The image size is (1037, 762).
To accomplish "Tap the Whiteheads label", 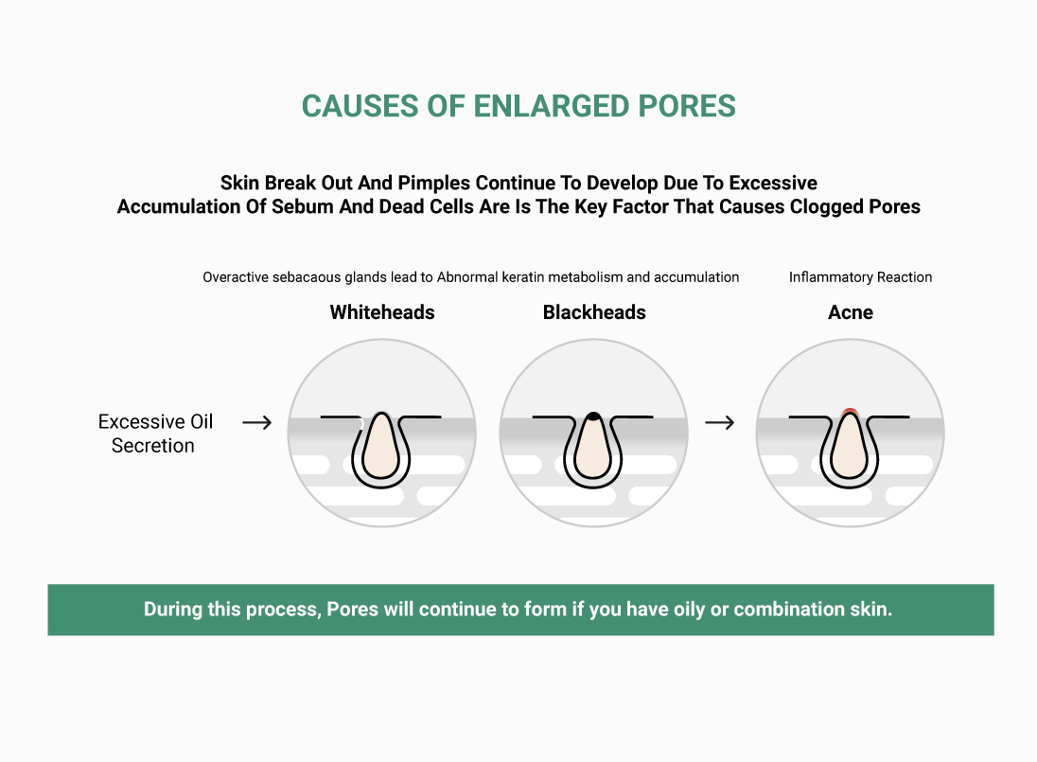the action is tap(382, 312).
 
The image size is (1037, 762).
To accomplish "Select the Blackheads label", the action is tap(594, 312).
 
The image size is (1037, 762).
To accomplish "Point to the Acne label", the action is tap(851, 312).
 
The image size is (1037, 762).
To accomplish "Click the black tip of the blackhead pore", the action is tap(594, 416).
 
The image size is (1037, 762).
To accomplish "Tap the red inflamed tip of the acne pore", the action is tap(850, 412).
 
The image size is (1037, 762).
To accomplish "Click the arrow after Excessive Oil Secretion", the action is tap(257, 423).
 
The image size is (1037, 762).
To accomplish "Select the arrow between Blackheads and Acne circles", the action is tap(719, 423).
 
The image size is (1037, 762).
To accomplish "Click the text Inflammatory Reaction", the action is tap(860, 277).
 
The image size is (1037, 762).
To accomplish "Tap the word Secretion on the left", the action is tap(152, 446).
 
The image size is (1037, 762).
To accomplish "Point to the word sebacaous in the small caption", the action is tap(307, 277).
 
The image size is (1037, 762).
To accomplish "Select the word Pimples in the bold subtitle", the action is tap(432, 183).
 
